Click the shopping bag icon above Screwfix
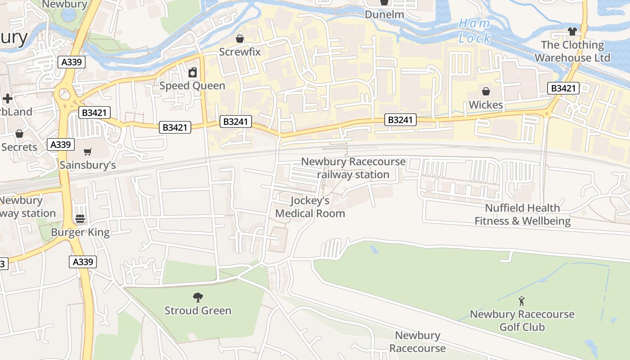240,39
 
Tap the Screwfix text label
240,52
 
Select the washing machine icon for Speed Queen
193,72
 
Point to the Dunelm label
384,14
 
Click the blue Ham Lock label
474,31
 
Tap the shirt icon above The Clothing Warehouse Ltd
572,31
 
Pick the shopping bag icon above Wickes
486,92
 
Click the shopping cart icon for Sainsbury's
88,152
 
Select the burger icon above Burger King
80,219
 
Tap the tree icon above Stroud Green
198,297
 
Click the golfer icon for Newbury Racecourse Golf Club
522,301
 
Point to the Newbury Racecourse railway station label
353,168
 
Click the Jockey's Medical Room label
310,207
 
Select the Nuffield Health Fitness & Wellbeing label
522,215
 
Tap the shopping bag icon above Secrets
19,134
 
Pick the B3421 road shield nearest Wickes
563,88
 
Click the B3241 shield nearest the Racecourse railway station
400,120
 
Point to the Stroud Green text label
198,310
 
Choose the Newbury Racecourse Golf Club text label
522,320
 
